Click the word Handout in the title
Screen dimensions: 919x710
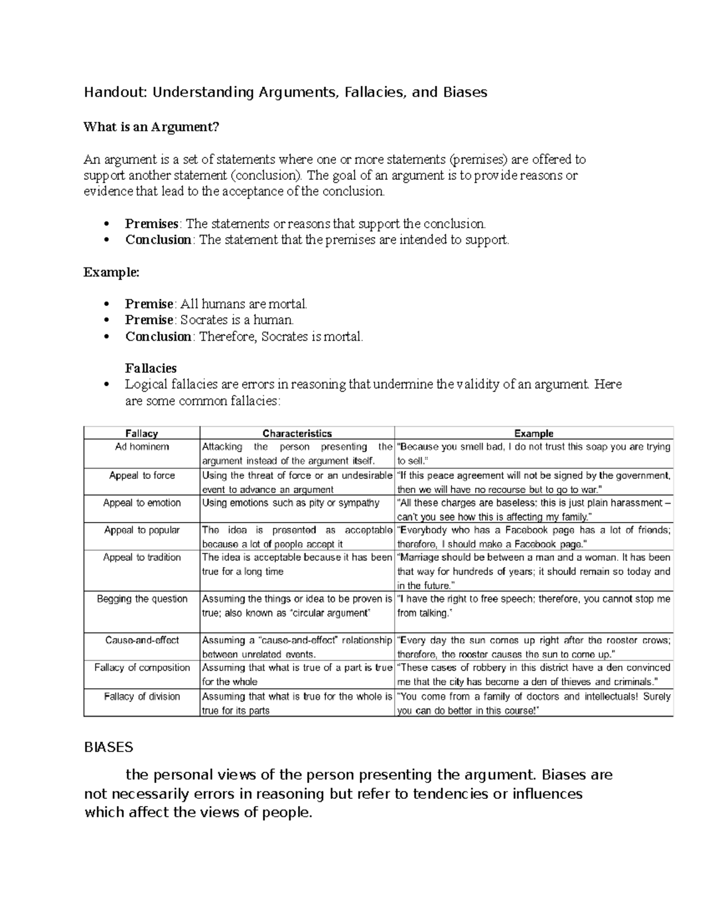click(x=116, y=92)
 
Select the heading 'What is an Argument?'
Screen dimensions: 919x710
click(x=151, y=127)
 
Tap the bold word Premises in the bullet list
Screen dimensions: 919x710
click(x=151, y=224)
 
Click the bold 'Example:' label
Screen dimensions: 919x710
click(x=112, y=272)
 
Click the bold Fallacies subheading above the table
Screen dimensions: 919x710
click(x=151, y=368)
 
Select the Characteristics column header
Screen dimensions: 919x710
click(x=297, y=433)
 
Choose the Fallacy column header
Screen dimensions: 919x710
click(x=142, y=433)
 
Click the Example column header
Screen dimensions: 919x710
click(x=534, y=433)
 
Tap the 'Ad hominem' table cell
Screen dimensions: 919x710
click(x=142, y=447)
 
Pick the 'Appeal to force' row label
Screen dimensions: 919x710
click(x=142, y=475)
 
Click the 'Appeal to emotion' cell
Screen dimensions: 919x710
click(x=142, y=502)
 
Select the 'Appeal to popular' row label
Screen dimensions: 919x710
click(x=142, y=530)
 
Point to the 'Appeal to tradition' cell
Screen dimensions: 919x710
click(x=142, y=557)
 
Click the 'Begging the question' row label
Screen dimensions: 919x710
click(x=142, y=599)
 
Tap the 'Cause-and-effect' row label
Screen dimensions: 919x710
click(x=142, y=640)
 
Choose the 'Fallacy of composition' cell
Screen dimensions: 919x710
click(x=142, y=668)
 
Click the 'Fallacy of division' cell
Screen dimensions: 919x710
click(x=142, y=696)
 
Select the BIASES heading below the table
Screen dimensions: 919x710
click(x=109, y=747)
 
